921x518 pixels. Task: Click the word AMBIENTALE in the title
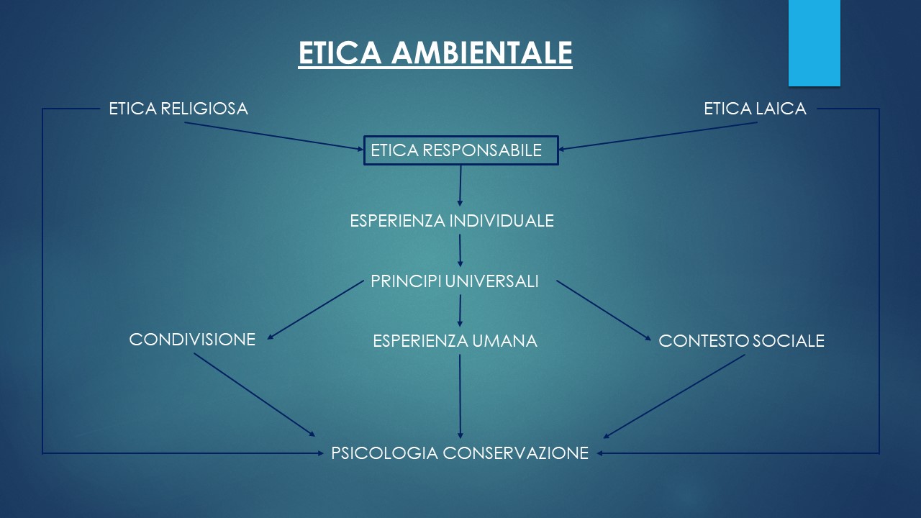(481, 53)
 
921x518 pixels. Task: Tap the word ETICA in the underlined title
(340, 53)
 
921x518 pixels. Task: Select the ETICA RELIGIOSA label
(178, 109)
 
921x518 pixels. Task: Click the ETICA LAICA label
(755, 109)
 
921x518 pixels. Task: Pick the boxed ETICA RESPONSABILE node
(461, 150)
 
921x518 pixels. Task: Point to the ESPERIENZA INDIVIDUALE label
(452, 221)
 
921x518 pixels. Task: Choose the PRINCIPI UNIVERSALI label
(455, 281)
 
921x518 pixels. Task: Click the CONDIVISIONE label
(192, 340)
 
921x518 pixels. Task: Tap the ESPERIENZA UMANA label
(455, 341)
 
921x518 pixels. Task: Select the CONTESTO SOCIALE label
(741, 341)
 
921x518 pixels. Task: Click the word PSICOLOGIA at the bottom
(384, 453)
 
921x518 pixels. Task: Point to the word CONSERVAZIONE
(516, 453)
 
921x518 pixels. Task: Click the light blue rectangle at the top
(814, 43)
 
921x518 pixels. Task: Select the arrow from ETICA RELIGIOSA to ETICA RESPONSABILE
(274, 136)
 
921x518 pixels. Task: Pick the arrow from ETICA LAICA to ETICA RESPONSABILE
(658, 136)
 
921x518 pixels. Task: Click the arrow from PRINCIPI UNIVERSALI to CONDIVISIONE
(315, 310)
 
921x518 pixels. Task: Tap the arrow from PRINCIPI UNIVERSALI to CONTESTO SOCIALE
(604, 310)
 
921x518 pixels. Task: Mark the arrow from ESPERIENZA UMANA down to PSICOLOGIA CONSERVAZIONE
(460, 396)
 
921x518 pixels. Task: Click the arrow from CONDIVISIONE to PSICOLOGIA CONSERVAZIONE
(255, 395)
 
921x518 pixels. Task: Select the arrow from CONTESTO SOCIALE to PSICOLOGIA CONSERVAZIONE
(674, 396)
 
